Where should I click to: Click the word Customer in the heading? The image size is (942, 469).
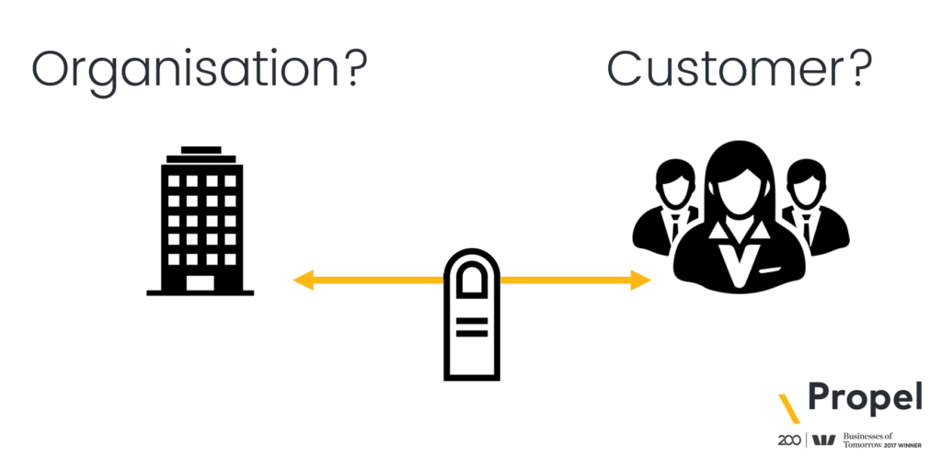pos(723,68)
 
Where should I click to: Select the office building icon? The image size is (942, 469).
pos(201,221)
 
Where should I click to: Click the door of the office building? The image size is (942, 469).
pos(201,281)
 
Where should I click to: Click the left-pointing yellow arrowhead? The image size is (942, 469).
pos(304,280)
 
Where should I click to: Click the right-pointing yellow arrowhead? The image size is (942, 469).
pos(641,280)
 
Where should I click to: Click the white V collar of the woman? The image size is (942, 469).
pos(739,259)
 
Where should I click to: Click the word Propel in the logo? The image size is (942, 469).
pos(864,399)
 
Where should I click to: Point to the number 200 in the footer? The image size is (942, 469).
pos(787,440)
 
